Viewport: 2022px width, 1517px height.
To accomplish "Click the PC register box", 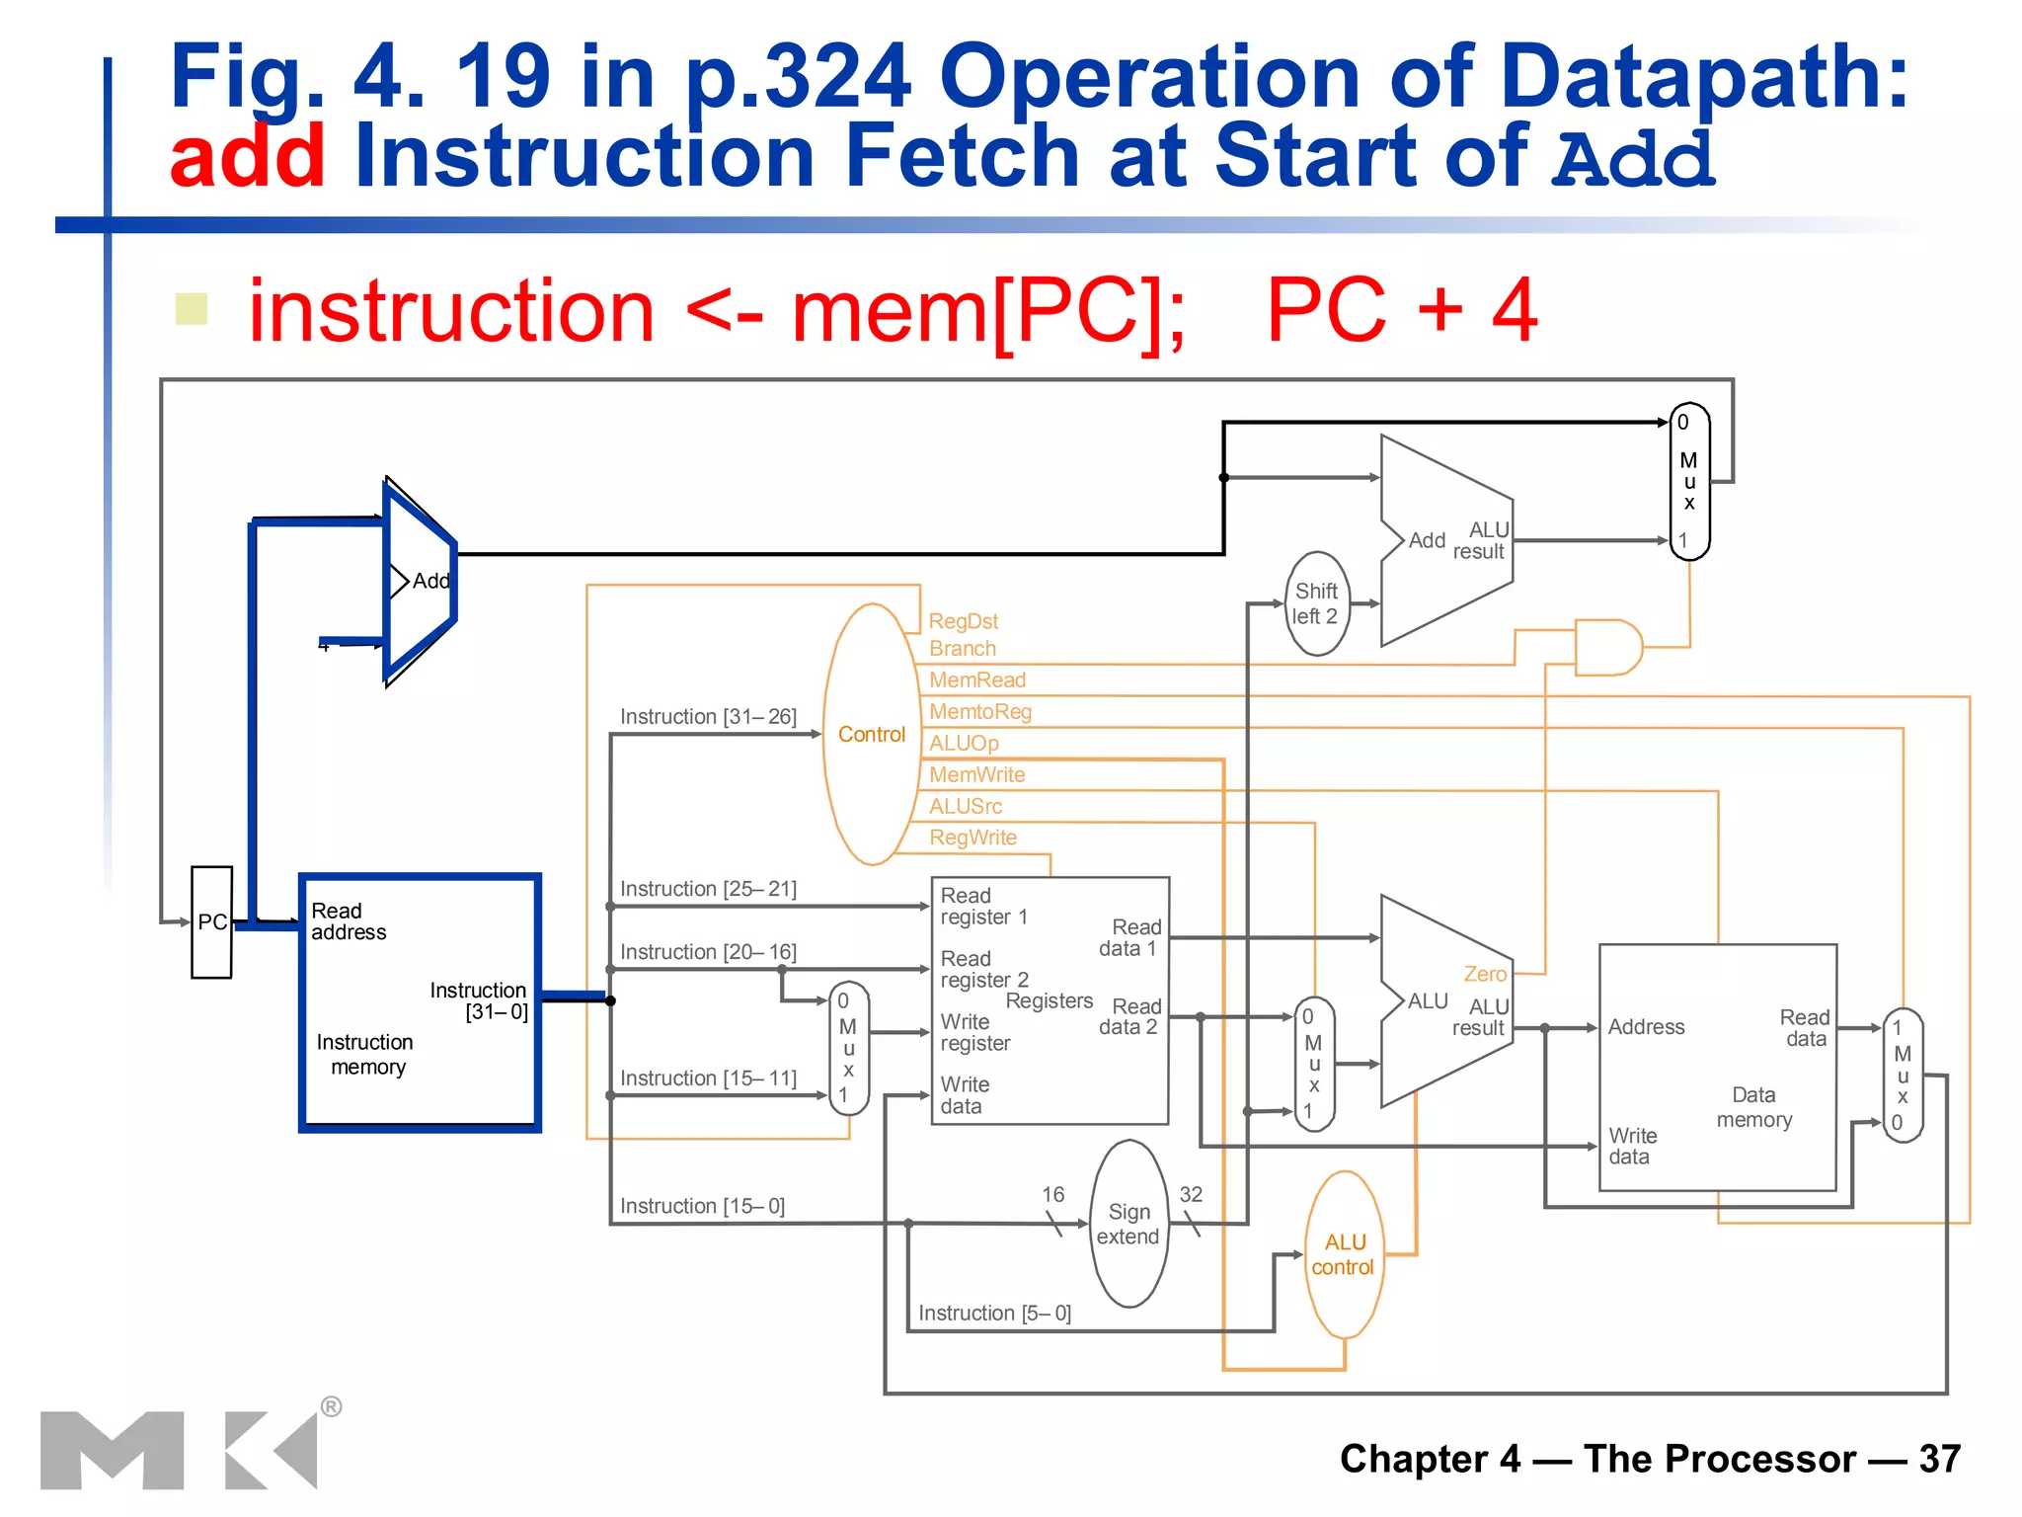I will (x=211, y=921).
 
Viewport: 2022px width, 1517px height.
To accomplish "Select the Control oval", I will (x=871, y=735).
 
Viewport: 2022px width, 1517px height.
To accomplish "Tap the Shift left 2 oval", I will (x=1316, y=603).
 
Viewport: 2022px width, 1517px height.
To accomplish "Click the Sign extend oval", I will (x=1128, y=1224).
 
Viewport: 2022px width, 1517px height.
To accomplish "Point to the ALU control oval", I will (x=1344, y=1254).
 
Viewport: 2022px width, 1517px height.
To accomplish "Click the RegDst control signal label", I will (x=963, y=621).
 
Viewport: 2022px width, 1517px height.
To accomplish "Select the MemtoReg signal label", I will (x=979, y=711).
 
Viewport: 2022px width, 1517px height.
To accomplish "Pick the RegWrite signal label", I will (x=972, y=838).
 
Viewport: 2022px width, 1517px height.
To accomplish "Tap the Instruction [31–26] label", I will (x=707, y=716).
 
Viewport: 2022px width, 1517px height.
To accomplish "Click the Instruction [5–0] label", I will (x=993, y=1313).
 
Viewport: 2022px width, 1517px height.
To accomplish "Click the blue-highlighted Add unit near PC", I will (x=420, y=581).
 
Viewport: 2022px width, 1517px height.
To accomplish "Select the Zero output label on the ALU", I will (x=1484, y=974).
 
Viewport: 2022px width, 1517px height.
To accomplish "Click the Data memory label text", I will (x=1753, y=1107).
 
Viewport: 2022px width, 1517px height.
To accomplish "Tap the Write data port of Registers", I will (x=964, y=1095).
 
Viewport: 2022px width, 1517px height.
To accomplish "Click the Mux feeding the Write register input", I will (x=848, y=1049).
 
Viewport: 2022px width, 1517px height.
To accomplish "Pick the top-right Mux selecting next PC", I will (x=1688, y=481).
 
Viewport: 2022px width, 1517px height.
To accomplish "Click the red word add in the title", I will (x=247, y=156).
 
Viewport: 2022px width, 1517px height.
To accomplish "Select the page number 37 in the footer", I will (x=1939, y=1459).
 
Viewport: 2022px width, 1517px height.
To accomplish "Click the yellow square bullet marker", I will (x=192, y=309).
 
